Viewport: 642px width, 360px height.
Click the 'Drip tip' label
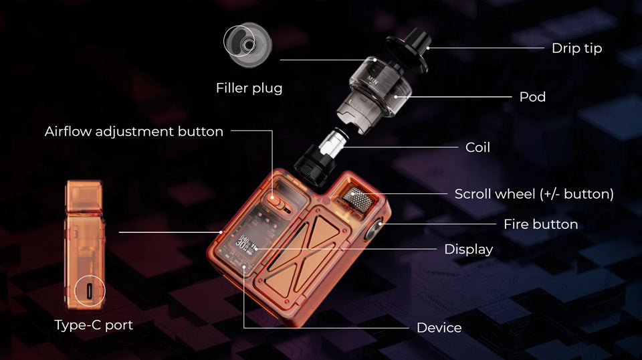pos(576,48)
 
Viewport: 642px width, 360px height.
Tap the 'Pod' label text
pos(532,97)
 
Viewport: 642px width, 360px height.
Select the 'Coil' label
pos(477,147)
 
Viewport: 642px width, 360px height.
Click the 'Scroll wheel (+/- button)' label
pos(534,194)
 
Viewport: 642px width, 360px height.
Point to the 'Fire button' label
pos(540,224)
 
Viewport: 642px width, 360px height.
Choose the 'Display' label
pos(468,250)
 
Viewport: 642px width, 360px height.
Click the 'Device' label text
pos(439,328)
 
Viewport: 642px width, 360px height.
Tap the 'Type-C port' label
pos(94,325)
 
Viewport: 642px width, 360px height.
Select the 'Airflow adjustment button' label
pos(134,131)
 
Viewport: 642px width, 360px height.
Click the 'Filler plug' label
pos(249,88)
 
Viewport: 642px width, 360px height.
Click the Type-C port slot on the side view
pos(90,292)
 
